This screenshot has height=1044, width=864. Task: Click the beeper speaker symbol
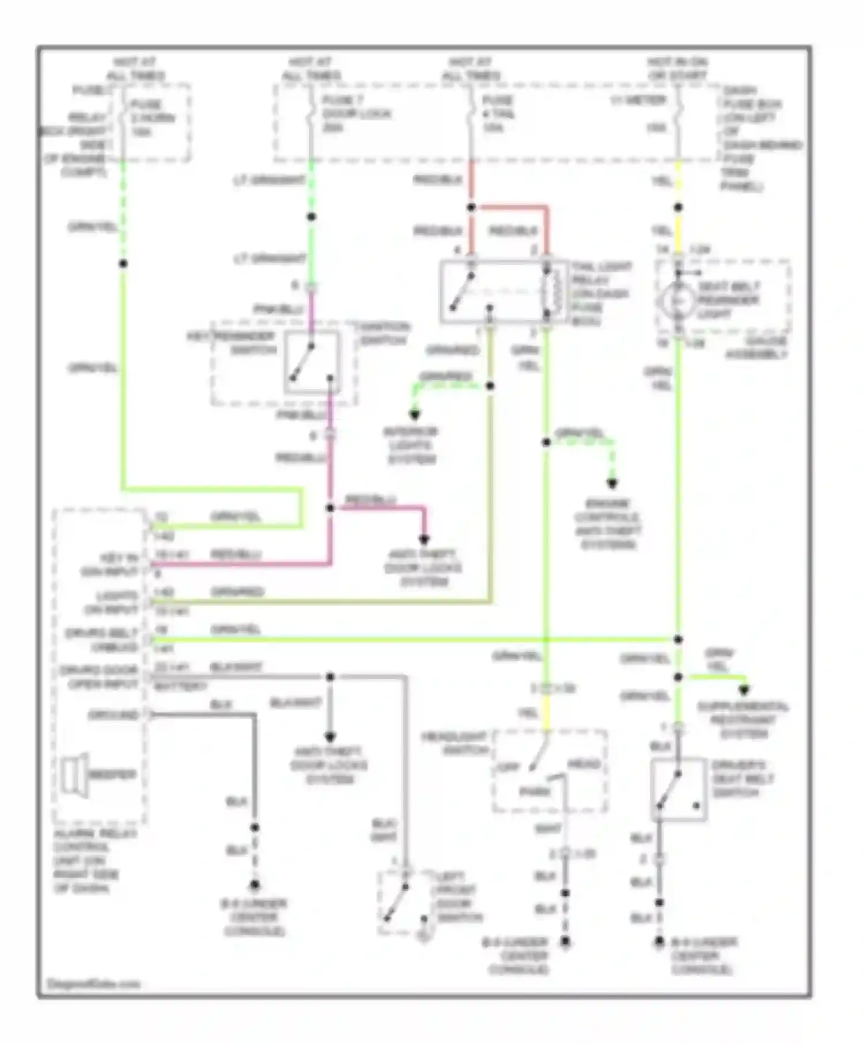click(74, 775)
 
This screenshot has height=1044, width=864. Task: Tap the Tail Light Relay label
click(600, 294)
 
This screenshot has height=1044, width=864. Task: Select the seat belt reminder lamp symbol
click(678, 300)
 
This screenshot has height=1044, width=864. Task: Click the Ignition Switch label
click(384, 334)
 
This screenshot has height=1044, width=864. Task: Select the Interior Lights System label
click(411, 445)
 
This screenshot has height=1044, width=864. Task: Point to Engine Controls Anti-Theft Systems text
click(608, 523)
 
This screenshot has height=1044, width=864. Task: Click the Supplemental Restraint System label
click(743, 719)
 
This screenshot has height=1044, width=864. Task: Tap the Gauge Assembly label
click(756, 348)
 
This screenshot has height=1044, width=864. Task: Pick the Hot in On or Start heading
click(677, 68)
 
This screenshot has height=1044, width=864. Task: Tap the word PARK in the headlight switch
click(535, 792)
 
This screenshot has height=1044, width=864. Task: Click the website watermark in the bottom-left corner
click(93, 984)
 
